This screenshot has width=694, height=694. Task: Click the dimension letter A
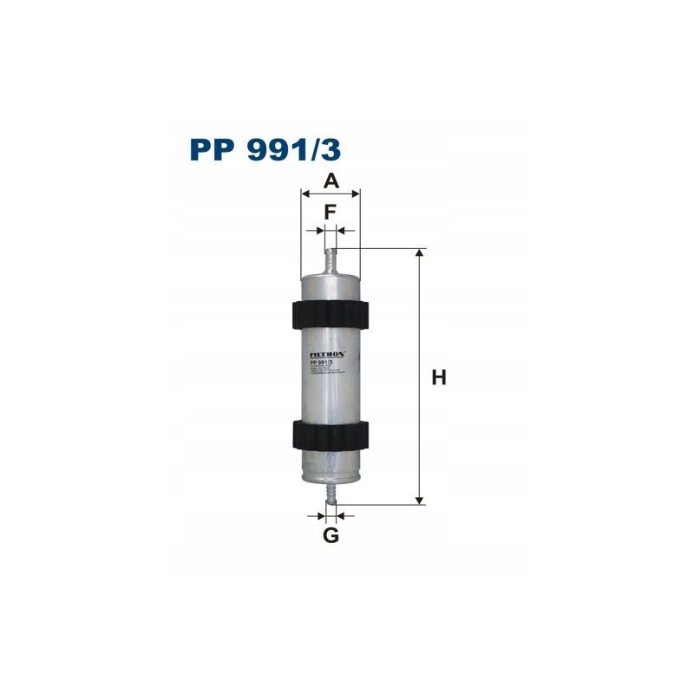click(x=330, y=180)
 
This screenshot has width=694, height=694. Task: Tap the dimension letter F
click(x=330, y=212)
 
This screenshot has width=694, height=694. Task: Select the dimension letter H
click(x=439, y=378)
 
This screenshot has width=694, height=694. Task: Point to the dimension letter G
click(x=331, y=536)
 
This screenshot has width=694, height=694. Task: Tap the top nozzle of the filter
click(x=330, y=261)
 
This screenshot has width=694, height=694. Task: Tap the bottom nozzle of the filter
click(x=330, y=494)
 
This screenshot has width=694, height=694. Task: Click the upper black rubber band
click(x=330, y=314)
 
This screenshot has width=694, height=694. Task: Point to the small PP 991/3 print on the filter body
click(x=323, y=364)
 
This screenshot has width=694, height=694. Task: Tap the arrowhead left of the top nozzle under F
click(x=320, y=230)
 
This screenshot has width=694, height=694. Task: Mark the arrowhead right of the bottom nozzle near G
click(x=340, y=515)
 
